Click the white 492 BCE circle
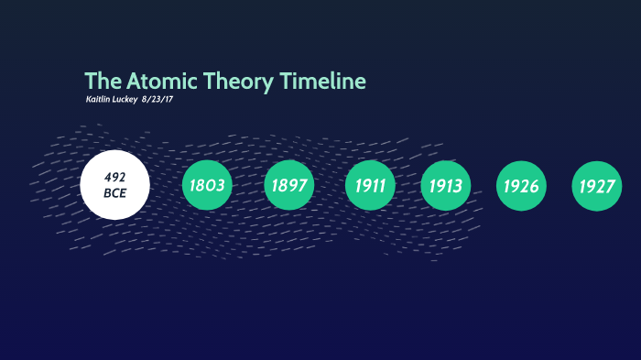coord(114,185)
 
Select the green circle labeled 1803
coord(207,185)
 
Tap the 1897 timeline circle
coord(289,185)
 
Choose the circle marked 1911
coord(371,185)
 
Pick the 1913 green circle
coord(446,185)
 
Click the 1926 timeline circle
coord(521,185)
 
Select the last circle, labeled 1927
coord(596,185)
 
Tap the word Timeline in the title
coord(323,82)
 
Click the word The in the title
coord(100,82)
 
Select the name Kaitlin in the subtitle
coord(98,99)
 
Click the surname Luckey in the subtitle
coord(125,99)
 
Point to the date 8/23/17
coord(158,99)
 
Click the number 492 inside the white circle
coord(114,177)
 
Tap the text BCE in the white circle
coord(114,193)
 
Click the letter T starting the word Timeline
coord(286,82)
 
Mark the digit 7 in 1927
coord(610,186)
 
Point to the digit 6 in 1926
coord(534,186)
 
